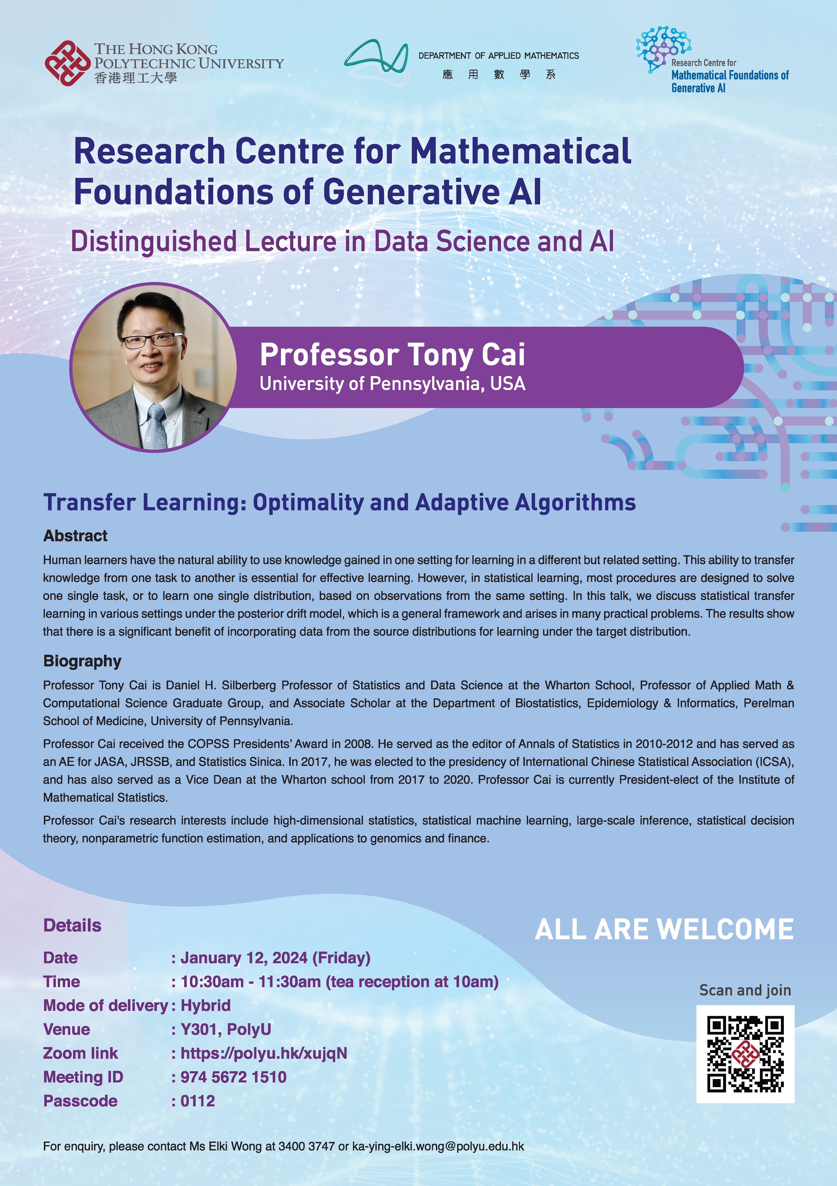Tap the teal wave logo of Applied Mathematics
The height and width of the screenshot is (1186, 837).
pos(377,61)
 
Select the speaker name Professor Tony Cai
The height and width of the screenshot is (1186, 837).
pos(392,354)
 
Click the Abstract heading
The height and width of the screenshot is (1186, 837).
pos(75,536)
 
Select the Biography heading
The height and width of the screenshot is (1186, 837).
pos(82,661)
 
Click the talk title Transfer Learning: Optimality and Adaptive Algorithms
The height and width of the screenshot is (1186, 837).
pos(339,503)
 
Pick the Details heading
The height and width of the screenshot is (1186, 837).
pos(72,925)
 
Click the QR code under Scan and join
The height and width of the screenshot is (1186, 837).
pos(745,1054)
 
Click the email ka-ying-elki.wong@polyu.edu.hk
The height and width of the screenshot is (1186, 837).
pos(438,1146)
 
